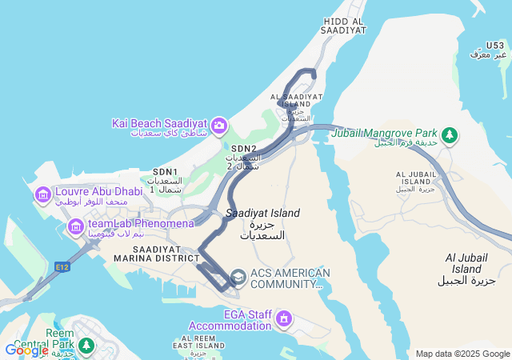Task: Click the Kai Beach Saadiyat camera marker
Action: point(218,126)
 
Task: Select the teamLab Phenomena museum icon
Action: point(76,227)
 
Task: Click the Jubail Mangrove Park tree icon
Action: point(450,134)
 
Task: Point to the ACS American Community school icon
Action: point(238,277)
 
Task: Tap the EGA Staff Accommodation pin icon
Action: point(282,320)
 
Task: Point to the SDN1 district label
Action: point(165,172)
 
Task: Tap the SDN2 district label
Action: point(244,149)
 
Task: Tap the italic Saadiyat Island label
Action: point(262,213)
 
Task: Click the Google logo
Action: point(26,350)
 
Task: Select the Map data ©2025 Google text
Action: point(462,354)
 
